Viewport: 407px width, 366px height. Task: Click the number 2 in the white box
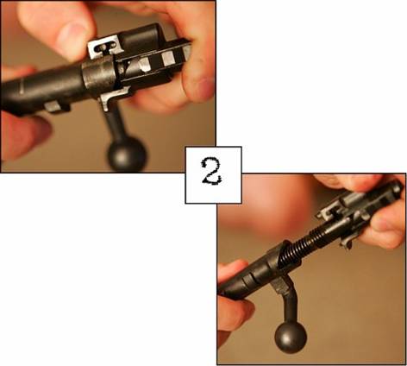pyautogui.click(x=212, y=171)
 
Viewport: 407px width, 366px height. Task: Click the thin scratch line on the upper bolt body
pyautogui.click(x=22, y=85)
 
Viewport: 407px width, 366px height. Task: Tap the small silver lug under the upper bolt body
pyautogui.click(x=57, y=106)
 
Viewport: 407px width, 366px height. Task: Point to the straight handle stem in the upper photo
pyautogui.click(x=116, y=123)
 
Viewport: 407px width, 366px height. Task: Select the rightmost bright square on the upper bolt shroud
pyautogui.click(x=168, y=59)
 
